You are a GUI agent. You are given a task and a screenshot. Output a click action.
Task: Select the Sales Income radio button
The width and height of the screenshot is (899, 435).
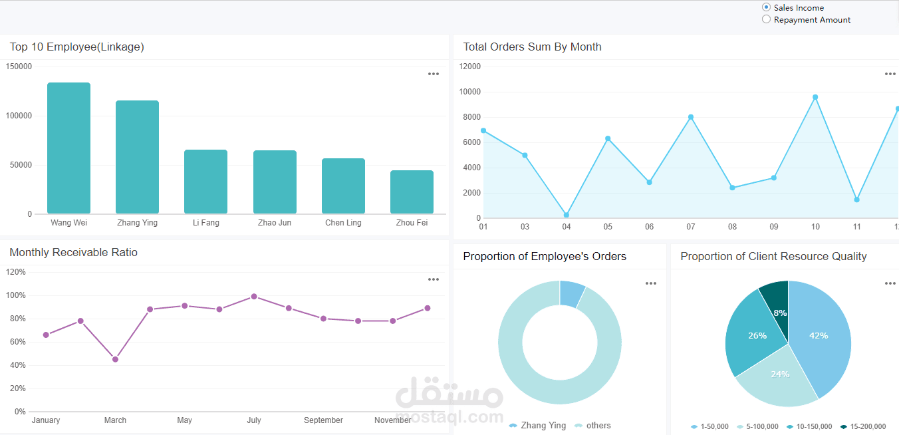pyautogui.click(x=767, y=7)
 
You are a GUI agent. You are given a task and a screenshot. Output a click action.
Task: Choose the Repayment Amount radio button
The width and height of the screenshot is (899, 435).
pyautogui.click(x=767, y=19)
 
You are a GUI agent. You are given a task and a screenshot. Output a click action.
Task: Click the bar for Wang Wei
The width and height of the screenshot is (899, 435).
pyautogui.click(x=68, y=148)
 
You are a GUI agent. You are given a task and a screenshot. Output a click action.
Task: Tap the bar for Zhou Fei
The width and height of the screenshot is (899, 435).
pyautogui.click(x=412, y=192)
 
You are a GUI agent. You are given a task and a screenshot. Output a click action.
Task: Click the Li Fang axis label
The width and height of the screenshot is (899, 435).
pyautogui.click(x=205, y=223)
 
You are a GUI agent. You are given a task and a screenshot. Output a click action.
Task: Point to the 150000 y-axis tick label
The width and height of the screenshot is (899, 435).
pyautogui.click(x=19, y=67)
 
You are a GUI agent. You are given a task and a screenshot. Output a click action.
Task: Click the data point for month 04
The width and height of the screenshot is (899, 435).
pyautogui.click(x=567, y=215)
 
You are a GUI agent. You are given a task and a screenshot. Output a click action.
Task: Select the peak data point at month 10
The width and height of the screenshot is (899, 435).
pyautogui.click(x=815, y=97)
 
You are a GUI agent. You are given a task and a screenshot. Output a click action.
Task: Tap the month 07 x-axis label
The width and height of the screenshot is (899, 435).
pyautogui.click(x=691, y=227)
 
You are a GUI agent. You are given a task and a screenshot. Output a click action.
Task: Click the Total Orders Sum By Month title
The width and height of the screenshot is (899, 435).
pyautogui.click(x=532, y=47)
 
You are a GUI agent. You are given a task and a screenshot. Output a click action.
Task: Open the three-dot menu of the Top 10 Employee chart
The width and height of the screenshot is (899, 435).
pyautogui.click(x=434, y=74)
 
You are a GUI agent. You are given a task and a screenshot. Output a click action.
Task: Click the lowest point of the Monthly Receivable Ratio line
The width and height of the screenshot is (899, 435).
pyautogui.click(x=115, y=359)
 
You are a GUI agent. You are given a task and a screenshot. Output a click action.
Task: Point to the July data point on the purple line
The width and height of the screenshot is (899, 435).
pyautogui.click(x=254, y=297)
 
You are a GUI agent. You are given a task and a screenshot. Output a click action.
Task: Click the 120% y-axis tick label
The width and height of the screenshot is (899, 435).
pyautogui.click(x=16, y=272)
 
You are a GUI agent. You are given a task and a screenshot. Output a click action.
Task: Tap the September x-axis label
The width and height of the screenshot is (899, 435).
pyautogui.click(x=323, y=420)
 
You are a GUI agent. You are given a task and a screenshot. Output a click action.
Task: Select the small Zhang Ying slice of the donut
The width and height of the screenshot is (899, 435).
pyautogui.click(x=571, y=293)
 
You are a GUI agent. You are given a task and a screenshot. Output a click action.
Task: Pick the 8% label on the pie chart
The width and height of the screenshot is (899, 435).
pyautogui.click(x=780, y=313)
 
